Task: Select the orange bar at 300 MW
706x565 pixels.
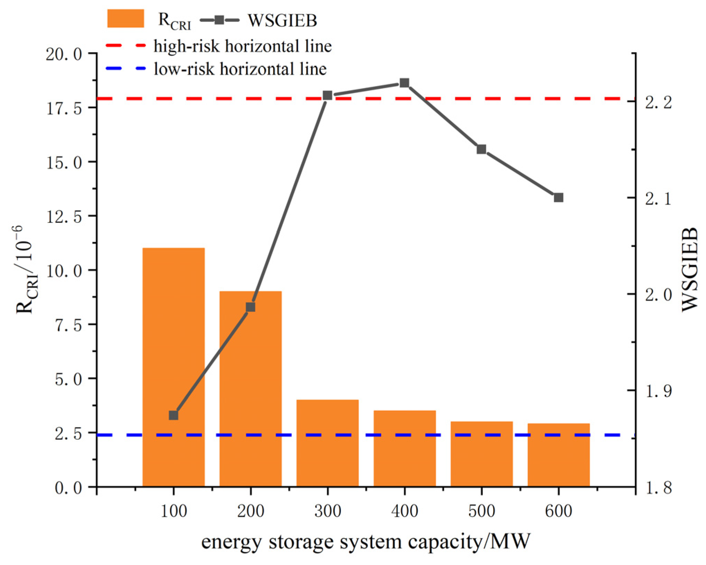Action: (x=327, y=443)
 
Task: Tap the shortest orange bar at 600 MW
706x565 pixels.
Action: (x=558, y=455)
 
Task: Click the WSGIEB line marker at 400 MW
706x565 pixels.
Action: (x=404, y=83)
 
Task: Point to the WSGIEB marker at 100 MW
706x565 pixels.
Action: (x=174, y=415)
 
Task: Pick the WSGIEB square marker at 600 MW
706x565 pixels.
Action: (x=558, y=198)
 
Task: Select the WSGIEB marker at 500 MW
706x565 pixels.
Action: (x=481, y=149)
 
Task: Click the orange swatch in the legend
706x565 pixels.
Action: (x=126, y=19)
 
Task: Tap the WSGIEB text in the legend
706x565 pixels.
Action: (x=282, y=20)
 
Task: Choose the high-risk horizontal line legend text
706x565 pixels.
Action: (x=242, y=46)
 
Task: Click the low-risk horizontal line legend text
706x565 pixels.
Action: (x=240, y=69)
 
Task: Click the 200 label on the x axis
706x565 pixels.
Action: (x=251, y=511)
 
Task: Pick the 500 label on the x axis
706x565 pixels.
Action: (x=481, y=511)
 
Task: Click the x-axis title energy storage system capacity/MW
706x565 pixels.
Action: (x=365, y=542)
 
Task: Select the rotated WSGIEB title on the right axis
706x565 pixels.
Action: (x=690, y=270)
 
